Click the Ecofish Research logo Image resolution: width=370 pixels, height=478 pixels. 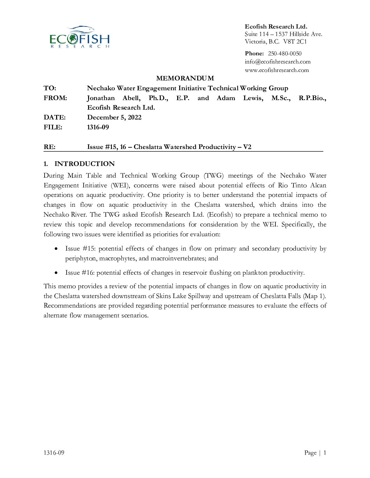tap(80, 37)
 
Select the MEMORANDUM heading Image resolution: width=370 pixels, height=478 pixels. tap(185, 78)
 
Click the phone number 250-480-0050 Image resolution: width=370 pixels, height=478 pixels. tap(285, 54)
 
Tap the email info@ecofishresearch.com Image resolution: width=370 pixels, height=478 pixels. tap(277, 62)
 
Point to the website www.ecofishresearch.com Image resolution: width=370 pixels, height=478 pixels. tap(277, 70)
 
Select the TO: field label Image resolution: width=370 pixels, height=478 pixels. tap(50, 88)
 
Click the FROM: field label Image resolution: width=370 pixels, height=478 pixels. tap(55, 98)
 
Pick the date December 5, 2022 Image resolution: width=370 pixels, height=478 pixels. tap(114, 117)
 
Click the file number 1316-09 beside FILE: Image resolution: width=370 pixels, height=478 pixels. tap(98, 127)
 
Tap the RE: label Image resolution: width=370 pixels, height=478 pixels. tap(49, 147)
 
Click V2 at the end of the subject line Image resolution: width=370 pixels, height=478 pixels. tap(247, 147)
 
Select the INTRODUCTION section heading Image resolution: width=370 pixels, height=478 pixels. tap(84, 164)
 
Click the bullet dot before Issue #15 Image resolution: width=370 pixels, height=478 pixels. tap(56, 249)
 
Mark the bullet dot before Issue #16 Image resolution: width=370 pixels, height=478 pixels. tap(56, 273)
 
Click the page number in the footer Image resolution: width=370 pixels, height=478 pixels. tap(325, 453)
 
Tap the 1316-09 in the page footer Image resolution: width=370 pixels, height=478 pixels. tap(54, 453)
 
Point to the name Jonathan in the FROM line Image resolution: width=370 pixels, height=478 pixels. tap(101, 98)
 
